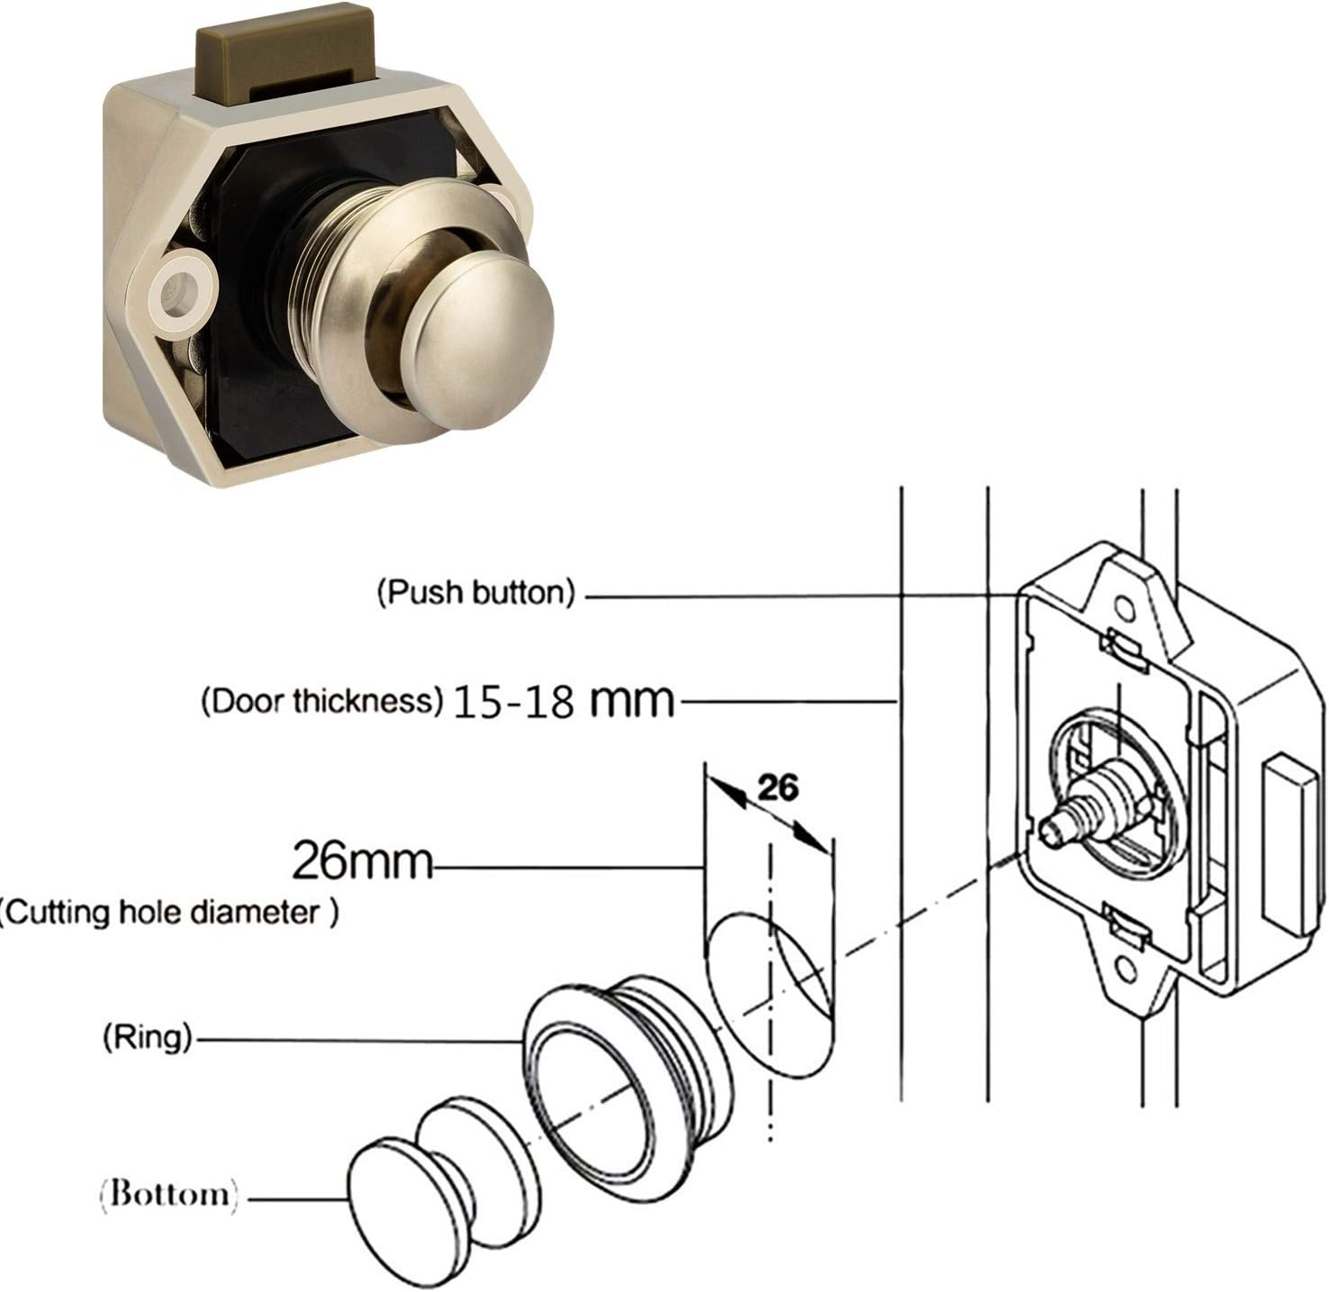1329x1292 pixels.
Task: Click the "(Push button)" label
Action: [x=475, y=593]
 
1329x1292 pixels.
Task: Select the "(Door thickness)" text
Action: [x=321, y=701]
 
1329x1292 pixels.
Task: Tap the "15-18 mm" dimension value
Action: [x=563, y=701]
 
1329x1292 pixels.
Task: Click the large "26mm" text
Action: [x=362, y=861]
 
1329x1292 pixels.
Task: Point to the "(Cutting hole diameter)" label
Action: [x=169, y=913]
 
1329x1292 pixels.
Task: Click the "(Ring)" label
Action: [x=147, y=1038]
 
